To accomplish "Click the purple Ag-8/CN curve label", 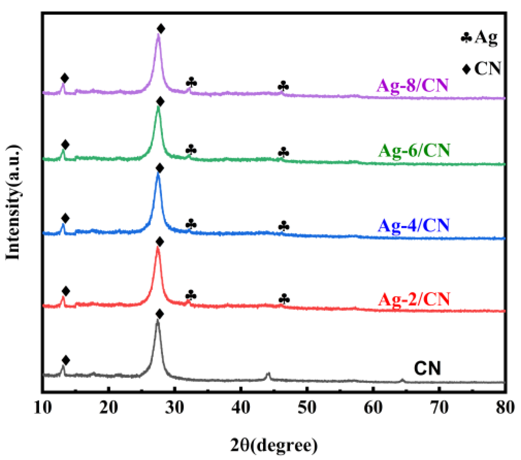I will pos(412,85).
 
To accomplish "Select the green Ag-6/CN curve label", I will pos(414,151).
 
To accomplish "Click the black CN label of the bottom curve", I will pos(427,368).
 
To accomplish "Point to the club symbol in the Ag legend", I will pos(466,37).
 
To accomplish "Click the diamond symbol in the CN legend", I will pos(466,69).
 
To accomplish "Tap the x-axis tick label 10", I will pos(43,407).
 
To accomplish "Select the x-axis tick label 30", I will pos(175,407).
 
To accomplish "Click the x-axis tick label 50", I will pos(307,407).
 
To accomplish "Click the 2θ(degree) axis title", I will pos(274,445).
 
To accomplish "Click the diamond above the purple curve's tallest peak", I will pos(161,29).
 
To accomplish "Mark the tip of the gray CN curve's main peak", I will pos(158,321).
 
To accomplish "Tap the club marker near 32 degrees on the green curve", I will pos(191,150).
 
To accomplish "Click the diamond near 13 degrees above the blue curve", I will pos(65,218).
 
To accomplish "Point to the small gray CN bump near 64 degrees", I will pos(402,380).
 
